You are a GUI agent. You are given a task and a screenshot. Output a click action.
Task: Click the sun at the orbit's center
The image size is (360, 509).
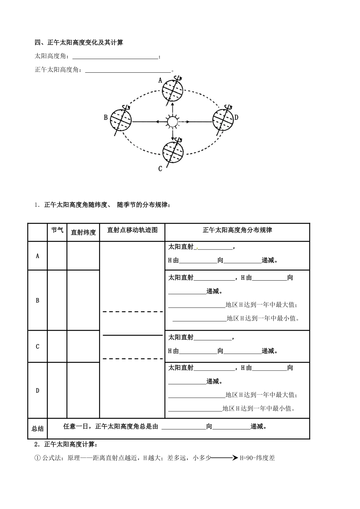172,122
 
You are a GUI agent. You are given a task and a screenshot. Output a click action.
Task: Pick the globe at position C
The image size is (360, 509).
172,152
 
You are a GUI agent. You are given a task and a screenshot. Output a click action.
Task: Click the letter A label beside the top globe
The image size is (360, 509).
160,80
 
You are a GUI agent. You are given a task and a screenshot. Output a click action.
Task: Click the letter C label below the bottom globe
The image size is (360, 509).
160,169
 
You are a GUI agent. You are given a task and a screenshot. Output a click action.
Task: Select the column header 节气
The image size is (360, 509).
57,230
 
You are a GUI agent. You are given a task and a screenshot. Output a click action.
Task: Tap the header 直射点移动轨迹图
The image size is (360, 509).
132,230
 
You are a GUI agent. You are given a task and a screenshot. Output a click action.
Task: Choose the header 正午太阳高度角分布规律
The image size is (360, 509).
237,230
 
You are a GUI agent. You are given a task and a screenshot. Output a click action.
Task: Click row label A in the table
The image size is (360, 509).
38,256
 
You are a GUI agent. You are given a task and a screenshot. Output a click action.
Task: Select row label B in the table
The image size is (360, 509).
38,300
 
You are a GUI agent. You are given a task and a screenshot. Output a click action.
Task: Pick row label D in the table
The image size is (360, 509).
38,390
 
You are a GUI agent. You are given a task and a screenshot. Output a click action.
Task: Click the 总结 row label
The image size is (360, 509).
38,429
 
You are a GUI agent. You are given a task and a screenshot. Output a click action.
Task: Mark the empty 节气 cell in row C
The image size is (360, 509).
57,347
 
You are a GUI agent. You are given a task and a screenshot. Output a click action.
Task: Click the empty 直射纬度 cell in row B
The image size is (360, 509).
83,300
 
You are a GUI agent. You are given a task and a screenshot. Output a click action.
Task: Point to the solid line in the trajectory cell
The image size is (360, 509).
132,335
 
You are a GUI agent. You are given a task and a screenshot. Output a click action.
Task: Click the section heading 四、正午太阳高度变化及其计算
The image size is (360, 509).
79,43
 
